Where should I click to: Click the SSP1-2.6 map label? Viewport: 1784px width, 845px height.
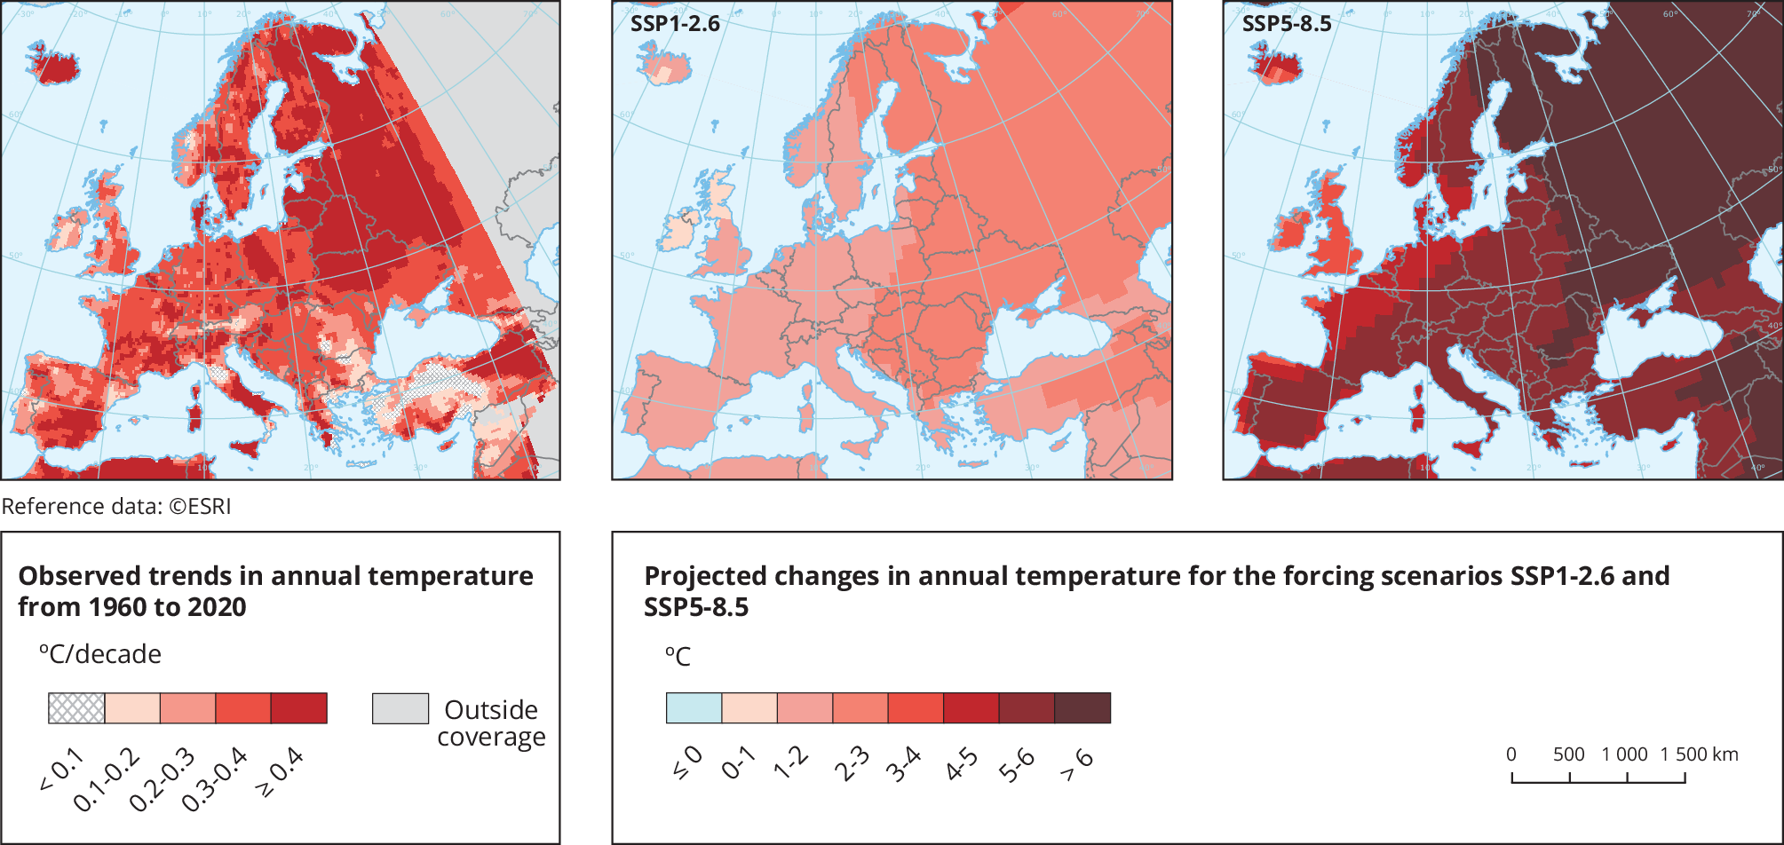click(x=675, y=24)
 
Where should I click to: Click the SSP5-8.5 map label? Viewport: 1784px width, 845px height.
click(x=1286, y=24)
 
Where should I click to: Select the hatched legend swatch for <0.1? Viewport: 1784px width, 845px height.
click(x=76, y=708)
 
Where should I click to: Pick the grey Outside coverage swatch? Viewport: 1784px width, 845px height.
click(x=400, y=708)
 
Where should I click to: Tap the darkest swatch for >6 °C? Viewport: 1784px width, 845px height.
click(x=1082, y=708)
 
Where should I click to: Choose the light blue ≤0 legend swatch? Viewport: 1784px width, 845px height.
click(x=694, y=708)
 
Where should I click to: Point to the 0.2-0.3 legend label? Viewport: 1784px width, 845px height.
click(x=162, y=780)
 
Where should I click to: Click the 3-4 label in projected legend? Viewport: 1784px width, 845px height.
click(x=903, y=765)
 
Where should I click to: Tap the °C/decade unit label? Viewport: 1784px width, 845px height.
click(x=99, y=655)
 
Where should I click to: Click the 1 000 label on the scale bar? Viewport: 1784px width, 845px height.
click(x=1624, y=754)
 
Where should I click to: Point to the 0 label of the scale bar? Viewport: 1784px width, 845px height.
click(x=1511, y=754)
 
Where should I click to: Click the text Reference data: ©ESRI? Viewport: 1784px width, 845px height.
click(x=116, y=507)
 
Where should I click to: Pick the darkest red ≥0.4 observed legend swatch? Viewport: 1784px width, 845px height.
click(x=299, y=708)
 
